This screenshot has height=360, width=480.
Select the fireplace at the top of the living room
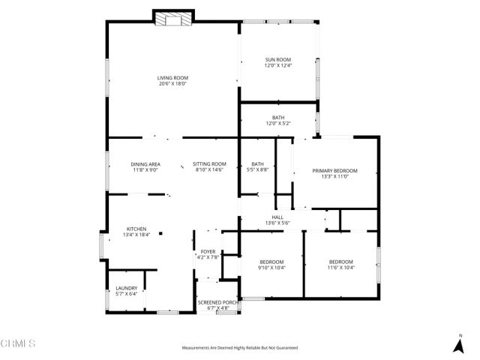click(x=173, y=19)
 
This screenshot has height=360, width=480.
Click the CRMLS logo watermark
click(x=18, y=344)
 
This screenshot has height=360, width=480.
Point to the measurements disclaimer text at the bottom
click(x=240, y=348)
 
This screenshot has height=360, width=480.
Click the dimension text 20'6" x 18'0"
click(x=172, y=84)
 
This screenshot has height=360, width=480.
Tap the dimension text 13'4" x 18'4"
click(x=136, y=235)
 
